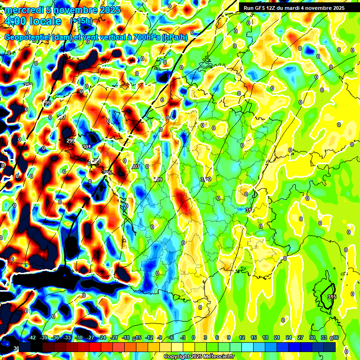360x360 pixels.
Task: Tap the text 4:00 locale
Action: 33,21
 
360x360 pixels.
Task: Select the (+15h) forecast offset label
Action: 81,21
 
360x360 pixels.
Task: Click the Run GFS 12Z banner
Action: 294,8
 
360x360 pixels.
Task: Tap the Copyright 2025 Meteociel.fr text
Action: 199,357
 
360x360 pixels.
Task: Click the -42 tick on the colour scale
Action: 32,337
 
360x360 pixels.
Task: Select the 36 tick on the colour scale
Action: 336,337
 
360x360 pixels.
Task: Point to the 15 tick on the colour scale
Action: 253,337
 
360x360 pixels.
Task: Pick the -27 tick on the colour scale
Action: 90,337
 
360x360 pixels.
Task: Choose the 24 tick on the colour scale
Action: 288,337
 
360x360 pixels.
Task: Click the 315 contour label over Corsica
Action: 332,297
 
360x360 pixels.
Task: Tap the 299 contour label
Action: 71,141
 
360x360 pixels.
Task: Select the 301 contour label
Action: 86,147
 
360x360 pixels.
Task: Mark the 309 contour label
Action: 157,180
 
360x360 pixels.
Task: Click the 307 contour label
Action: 136,166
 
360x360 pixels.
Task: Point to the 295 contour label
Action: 47,103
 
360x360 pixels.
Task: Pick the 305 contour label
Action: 107,172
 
